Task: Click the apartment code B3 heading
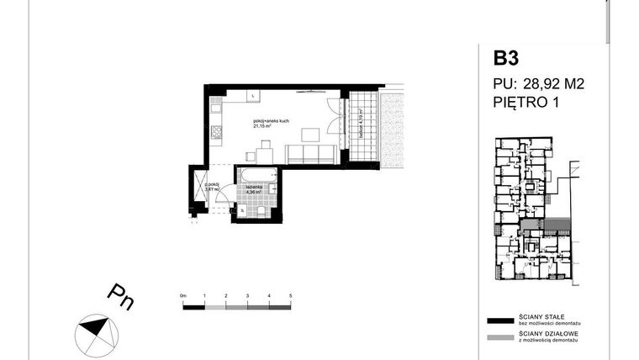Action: (x=507, y=59)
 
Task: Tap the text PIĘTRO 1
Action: (x=526, y=103)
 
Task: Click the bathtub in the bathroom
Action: (x=257, y=177)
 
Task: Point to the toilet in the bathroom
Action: (x=262, y=211)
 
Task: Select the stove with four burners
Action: (x=215, y=132)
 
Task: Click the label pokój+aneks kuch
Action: (x=272, y=121)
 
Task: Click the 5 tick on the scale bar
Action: (x=290, y=298)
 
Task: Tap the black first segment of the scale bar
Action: (x=194, y=307)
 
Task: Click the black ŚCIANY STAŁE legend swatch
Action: (x=500, y=320)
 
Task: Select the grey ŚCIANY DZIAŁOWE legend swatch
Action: (x=500, y=338)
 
